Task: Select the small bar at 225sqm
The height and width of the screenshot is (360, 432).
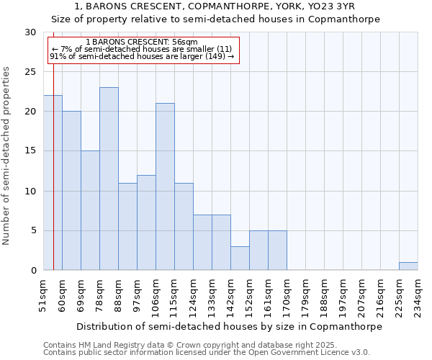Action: (x=408, y=266)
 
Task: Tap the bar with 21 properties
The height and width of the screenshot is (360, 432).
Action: (x=165, y=186)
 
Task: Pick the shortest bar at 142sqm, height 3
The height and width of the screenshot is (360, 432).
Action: (x=240, y=258)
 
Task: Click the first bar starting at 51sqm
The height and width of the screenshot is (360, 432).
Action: (x=53, y=183)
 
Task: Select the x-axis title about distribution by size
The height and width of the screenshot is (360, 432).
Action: (x=229, y=326)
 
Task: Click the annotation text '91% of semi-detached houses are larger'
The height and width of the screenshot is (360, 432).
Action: (x=142, y=56)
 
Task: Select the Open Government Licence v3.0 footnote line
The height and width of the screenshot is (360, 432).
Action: (x=207, y=353)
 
